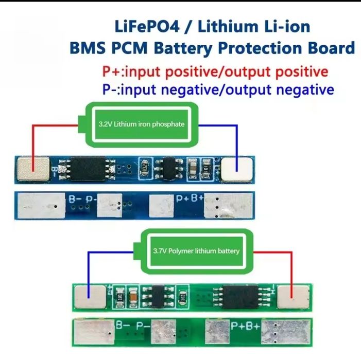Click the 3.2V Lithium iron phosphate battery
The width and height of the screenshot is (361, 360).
141,124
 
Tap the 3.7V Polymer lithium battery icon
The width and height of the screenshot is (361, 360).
196,251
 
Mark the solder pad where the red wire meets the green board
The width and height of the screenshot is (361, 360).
293,297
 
